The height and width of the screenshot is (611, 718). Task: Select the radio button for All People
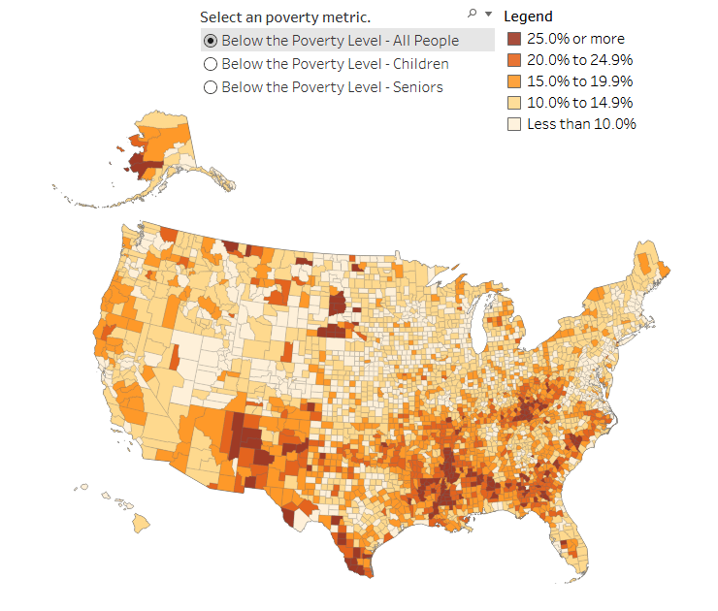210,41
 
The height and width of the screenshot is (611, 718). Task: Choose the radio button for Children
210,64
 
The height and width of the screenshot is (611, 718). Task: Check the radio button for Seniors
210,87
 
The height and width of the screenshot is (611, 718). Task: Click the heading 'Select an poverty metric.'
285,17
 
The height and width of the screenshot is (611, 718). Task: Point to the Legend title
529,16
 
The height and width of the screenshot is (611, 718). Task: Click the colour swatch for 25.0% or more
514,40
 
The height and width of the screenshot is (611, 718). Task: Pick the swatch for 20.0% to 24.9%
514,60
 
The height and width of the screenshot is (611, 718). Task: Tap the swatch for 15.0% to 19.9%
514,81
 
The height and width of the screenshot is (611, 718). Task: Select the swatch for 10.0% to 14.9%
514,103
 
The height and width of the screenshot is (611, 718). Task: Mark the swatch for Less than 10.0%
514,124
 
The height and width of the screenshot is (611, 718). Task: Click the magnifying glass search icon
473,14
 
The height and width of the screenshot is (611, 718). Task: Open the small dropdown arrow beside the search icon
488,14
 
